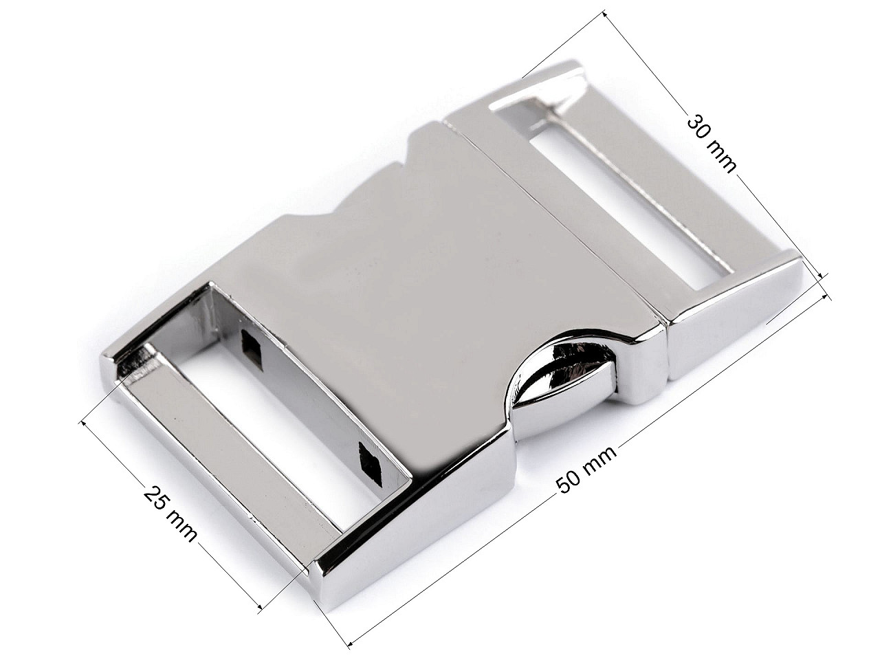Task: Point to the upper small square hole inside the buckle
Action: pyautogui.click(x=252, y=344)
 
